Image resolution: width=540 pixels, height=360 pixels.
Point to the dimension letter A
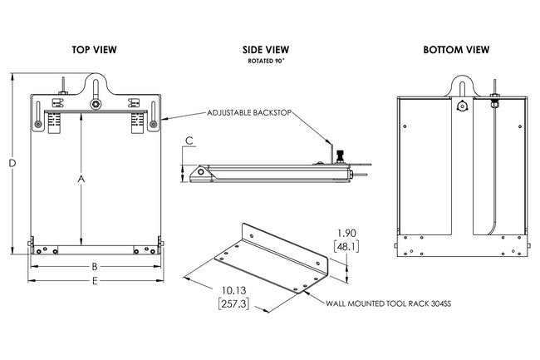pos(81,178)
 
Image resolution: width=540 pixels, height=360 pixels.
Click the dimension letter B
pos(95,267)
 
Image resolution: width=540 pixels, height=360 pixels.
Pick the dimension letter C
pos(189,141)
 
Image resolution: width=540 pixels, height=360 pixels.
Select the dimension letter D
pos(12,164)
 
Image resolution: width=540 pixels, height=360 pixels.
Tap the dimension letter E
pos(95,282)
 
